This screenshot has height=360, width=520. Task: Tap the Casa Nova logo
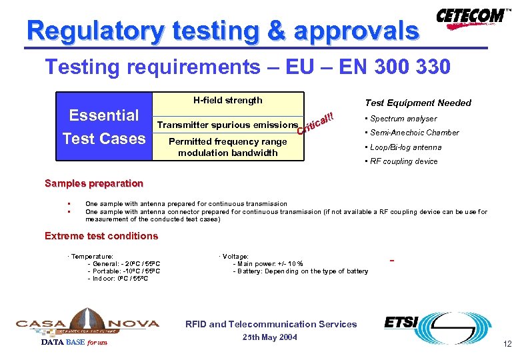click(x=87, y=323)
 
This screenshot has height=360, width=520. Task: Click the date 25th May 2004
click(x=270, y=337)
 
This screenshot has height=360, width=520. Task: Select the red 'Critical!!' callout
click(x=315, y=123)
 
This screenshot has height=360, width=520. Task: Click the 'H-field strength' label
click(x=228, y=101)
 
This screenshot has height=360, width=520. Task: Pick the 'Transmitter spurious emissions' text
click(x=227, y=125)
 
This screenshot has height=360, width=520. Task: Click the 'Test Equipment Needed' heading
click(x=418, y=103)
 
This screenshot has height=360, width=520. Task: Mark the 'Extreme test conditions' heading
click(x=101, y=236)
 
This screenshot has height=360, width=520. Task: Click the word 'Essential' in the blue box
click(x=104, y=115)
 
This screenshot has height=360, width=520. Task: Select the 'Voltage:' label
click(x=235, y=256)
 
